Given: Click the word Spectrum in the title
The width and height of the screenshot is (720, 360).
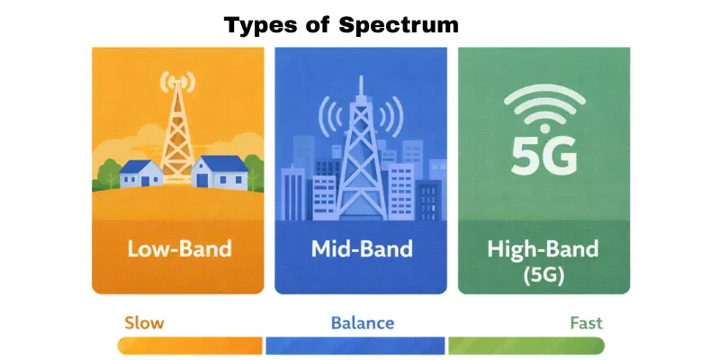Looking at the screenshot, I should tap(399, 24).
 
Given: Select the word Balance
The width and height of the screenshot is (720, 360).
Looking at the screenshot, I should tap(362, 322).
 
